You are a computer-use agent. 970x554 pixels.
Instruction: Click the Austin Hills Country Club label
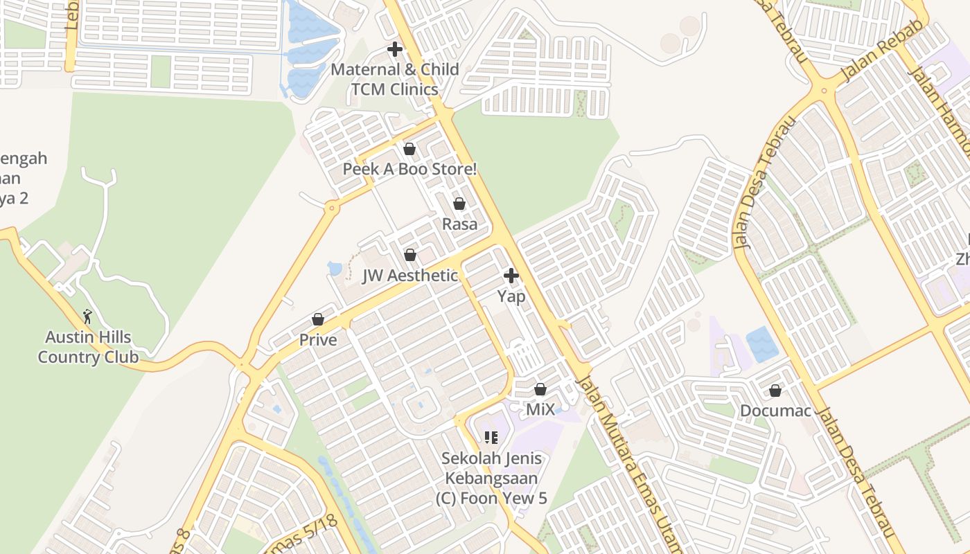[88, 348]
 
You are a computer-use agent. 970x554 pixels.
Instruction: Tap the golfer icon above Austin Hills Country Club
[87, 316]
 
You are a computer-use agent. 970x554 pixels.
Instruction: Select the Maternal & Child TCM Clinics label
[395, 79]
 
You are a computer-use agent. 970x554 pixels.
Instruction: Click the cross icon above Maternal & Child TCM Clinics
[395, 49]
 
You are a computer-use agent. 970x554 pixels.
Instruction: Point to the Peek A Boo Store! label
[410, 169]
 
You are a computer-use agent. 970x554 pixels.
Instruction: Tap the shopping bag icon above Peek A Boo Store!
[409, 149]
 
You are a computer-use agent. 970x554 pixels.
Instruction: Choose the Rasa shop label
[459, 224]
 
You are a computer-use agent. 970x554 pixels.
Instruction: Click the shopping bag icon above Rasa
[459, 204]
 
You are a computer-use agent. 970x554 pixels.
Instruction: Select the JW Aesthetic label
[410, 276]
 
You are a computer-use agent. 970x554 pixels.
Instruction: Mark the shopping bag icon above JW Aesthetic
[410, 255]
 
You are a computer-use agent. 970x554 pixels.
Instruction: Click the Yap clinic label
[511, 296]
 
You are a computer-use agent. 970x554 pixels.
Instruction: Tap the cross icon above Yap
[511, 276]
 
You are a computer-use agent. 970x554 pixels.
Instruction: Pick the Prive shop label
[318, 340]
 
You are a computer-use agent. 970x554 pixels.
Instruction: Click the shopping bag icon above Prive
[318, 319]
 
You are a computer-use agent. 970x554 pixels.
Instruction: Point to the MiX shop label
[540, 409]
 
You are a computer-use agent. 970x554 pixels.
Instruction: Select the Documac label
[775, 411]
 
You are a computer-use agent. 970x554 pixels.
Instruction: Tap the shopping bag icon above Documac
[775, 391]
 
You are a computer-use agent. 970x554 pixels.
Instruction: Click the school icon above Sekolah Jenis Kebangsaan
[491, 437]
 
